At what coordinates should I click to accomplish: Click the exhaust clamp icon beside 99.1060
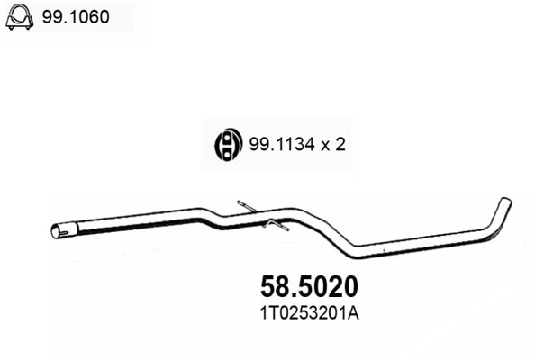click(21, 19)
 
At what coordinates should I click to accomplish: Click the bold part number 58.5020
click(308, 287)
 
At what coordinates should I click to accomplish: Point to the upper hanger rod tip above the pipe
click(240, 204)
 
